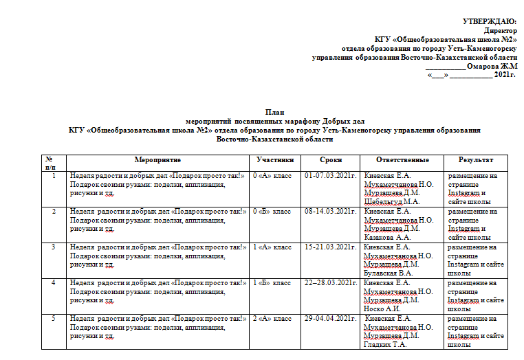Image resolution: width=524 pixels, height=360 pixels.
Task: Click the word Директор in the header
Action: coord(500,31)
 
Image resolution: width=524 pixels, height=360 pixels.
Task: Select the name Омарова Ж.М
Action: coord(491,66)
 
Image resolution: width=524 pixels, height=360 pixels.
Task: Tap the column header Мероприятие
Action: coord(157,159)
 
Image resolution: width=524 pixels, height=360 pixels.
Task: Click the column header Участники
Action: coord(275,159)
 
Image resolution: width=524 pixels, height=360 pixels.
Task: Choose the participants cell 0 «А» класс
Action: coord(272,176)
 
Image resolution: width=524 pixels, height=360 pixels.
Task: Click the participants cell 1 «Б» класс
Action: coord(272,282)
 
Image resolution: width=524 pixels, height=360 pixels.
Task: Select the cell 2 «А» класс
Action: coord(272,318)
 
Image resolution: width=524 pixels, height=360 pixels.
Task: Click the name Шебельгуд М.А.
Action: coord(391,202)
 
